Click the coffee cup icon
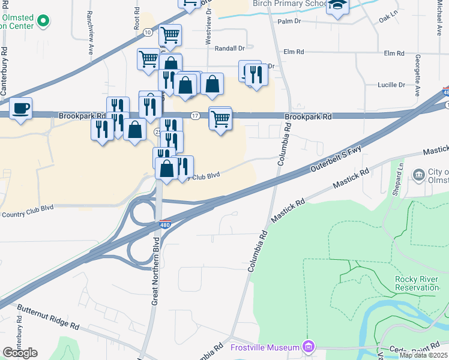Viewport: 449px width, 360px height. coord(22,108)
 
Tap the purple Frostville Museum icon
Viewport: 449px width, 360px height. coord(309,347)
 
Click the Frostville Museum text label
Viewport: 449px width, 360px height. coord(265,348)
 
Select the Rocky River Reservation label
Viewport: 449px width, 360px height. coord(419,283)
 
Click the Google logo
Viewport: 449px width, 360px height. coord(20,353)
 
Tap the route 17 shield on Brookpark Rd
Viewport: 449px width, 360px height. coord(194,115)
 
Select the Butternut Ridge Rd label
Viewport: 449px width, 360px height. coord(48,318)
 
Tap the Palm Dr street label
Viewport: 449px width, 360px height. coord(289,22)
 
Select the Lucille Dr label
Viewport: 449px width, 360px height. coord(392,85)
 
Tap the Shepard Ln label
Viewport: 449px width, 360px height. coord(399,174)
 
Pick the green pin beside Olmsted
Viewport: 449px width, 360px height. coord(43,22)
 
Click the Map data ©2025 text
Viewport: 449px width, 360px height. coord(423,355)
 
